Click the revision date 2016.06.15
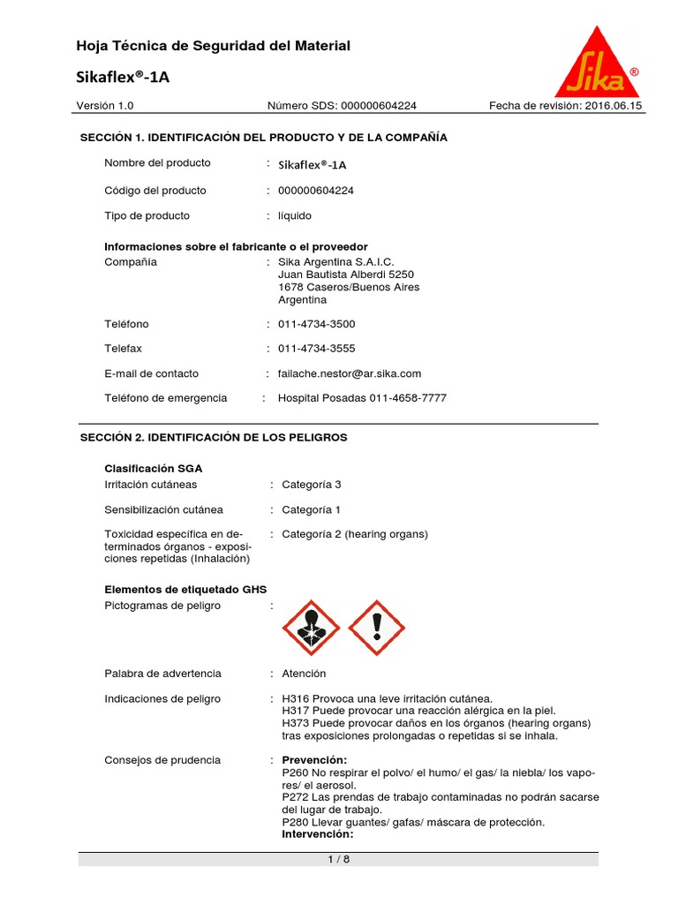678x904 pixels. pos(610,106)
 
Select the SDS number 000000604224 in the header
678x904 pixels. pos(375,106)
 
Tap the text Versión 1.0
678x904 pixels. pos(105,106)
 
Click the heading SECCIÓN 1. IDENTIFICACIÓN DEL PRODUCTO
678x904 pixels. pos(263,138)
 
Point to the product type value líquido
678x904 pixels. pos(295,215)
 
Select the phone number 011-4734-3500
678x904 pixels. pos(316,324)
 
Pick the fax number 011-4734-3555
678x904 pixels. pos(316,349)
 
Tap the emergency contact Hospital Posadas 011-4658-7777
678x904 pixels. pos(362,398)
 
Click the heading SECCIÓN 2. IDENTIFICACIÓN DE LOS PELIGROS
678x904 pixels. pos(214,437)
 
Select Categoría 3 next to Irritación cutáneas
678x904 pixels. pos(311,485)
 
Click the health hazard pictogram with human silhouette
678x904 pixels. pos(310,628)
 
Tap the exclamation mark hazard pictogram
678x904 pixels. pos(377,628)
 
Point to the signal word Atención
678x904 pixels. pos(304,674)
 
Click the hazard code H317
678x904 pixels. pos(296,711)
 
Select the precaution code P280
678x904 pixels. pos(297,822)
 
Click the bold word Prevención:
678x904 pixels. pos(314,760)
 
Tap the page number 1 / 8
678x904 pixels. pos(339,859)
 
